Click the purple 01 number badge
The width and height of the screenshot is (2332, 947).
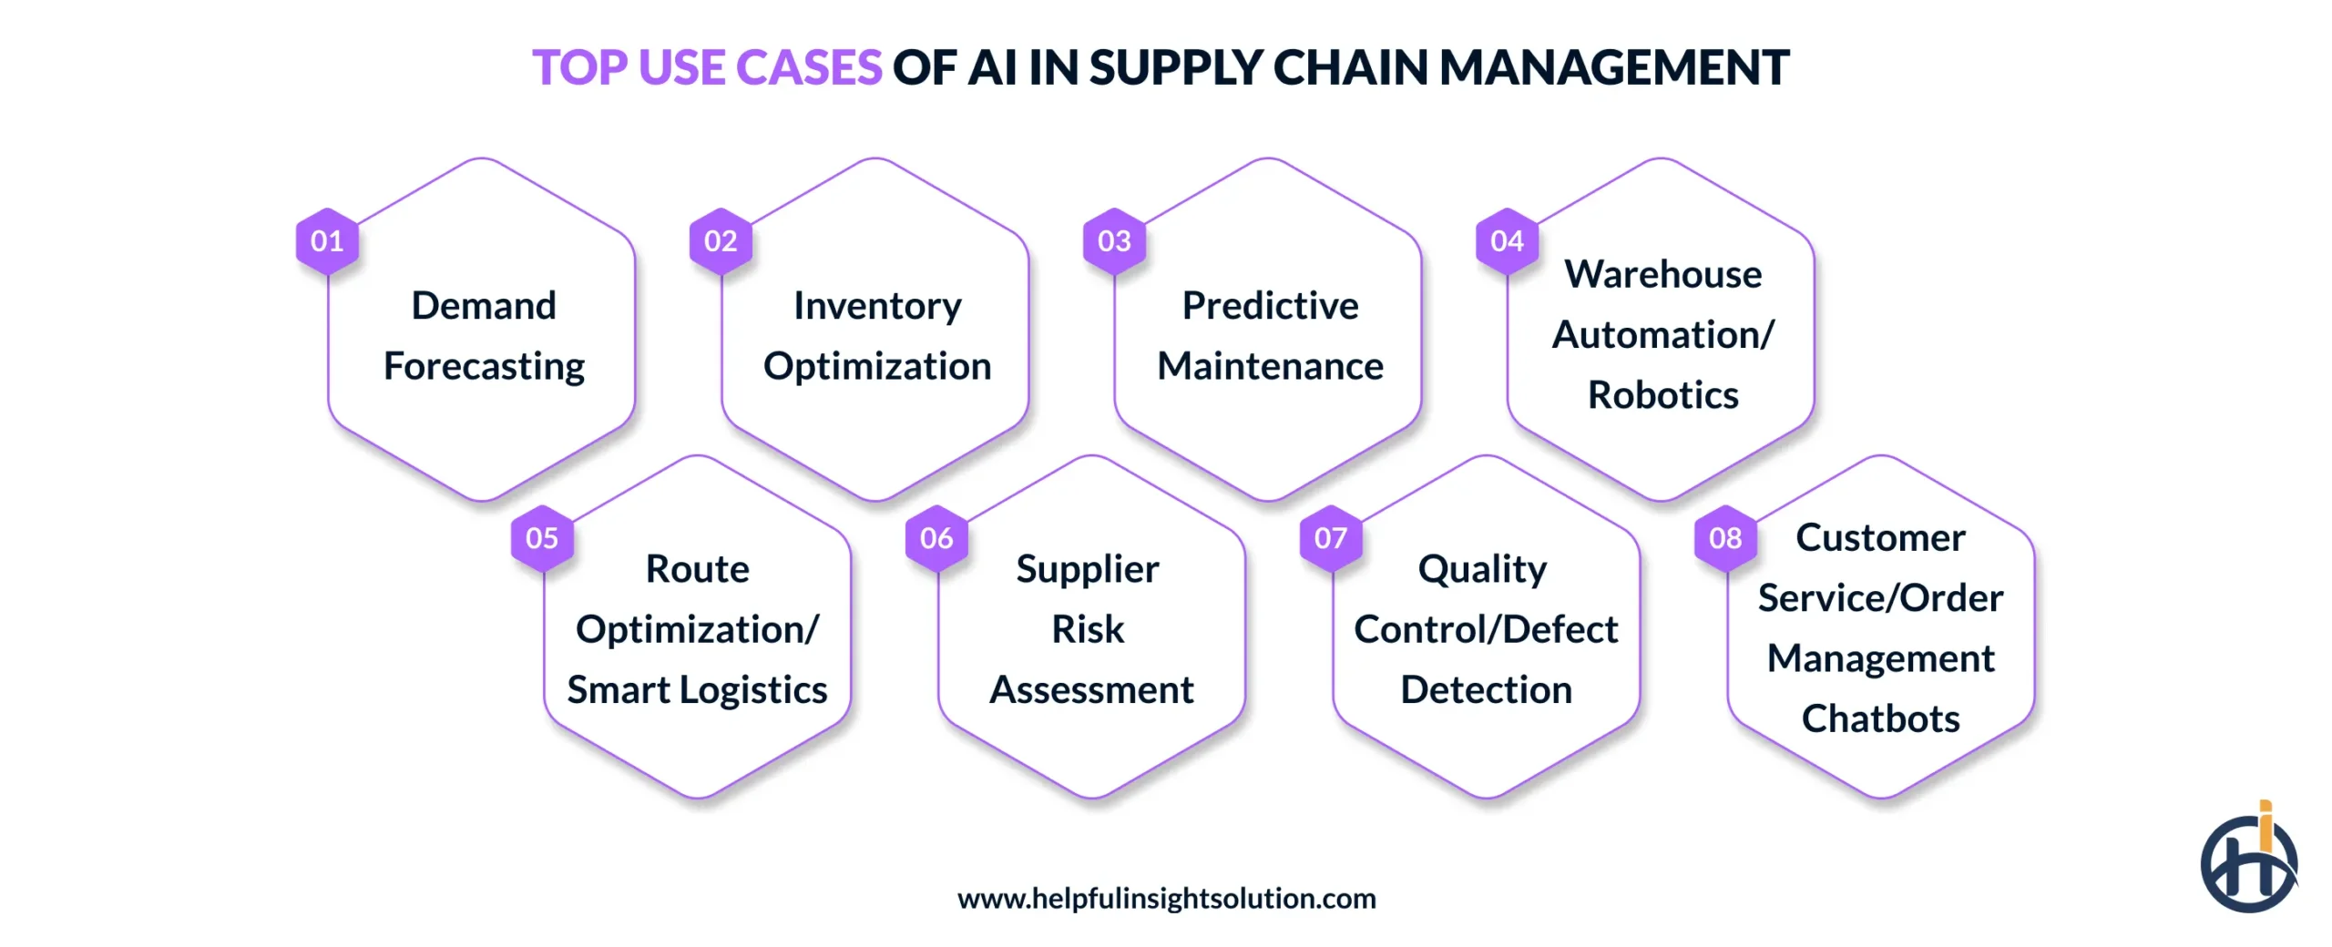tap(326, 241)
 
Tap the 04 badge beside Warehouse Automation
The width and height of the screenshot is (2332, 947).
tap(1507, 241)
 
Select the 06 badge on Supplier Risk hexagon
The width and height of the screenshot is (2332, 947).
tap(936, 538)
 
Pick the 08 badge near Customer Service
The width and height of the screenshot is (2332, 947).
tap(1724, 538)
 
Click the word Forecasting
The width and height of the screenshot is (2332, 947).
tap(484, 367)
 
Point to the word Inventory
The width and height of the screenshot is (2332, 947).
tap(876, 306)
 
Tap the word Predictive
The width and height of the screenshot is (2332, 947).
tap(1269, 306)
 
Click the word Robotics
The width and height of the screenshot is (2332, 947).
tap(1662, 395)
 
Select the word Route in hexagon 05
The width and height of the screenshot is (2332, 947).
tap(697, 569)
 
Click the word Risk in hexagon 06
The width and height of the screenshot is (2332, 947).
tap(1088, 629)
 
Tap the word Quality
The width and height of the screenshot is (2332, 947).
tap(1482, 570)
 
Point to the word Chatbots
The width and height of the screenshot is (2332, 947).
tap(1880, 719)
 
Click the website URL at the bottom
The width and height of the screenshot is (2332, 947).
tap(1166, 899)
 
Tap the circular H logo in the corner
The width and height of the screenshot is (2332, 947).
tap(2248, 862)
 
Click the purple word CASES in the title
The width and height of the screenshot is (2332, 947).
tap(808, 67)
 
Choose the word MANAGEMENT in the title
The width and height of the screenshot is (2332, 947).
tap(1613, 67)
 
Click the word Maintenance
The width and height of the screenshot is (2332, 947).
tap(1269, 366)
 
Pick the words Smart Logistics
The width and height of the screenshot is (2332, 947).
tap(697, 690)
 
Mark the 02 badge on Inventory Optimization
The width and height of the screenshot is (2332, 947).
tap(720, 241)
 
